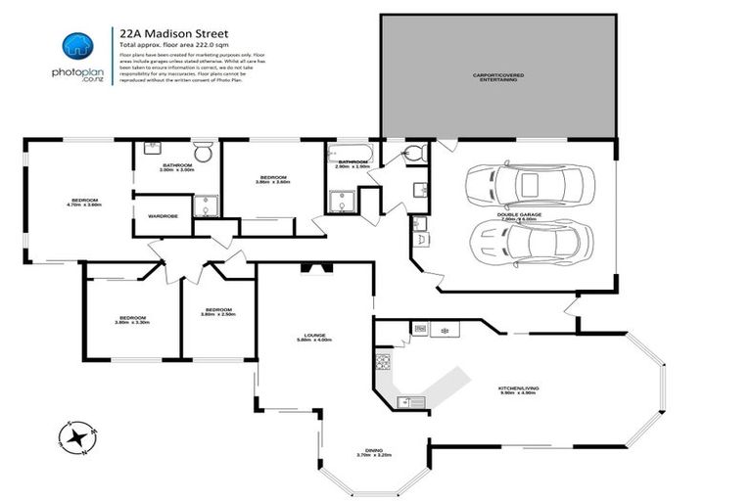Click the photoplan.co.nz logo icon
76,44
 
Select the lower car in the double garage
530,240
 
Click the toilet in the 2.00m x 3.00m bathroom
204,153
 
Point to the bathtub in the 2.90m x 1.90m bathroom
350,153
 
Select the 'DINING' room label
367,450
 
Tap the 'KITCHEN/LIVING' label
519,388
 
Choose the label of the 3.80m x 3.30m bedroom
131,319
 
